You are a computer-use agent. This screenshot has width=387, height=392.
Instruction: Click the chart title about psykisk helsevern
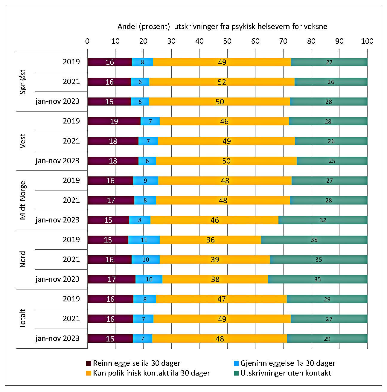222,27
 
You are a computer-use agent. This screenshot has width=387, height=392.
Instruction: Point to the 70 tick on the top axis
283,41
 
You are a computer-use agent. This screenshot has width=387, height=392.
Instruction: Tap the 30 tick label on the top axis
171,41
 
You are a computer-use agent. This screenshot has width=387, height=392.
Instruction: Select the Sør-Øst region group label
23,82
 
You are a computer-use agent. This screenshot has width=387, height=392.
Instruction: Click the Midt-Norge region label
23,200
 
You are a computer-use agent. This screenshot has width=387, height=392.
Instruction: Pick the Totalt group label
23,318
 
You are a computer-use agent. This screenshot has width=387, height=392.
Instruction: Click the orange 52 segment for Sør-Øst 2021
222,82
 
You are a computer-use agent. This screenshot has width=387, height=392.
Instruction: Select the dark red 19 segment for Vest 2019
114,121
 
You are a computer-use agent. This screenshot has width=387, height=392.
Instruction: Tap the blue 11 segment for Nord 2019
144,240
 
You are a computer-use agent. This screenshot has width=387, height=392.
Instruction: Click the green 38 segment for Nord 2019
314,240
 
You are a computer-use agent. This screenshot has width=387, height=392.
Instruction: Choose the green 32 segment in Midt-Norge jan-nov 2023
323,220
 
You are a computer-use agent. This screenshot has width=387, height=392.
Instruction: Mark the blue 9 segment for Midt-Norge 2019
145,181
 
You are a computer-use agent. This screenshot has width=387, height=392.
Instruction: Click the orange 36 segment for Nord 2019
210,240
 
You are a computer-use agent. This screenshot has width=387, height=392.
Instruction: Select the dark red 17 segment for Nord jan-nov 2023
111,279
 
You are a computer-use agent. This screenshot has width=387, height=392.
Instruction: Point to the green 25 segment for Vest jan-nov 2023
332,161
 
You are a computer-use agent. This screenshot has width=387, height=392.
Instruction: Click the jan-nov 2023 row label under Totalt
57,338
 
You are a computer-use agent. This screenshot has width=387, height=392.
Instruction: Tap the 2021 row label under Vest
71,141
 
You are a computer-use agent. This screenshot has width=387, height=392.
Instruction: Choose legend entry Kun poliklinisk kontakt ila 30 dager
148,373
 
